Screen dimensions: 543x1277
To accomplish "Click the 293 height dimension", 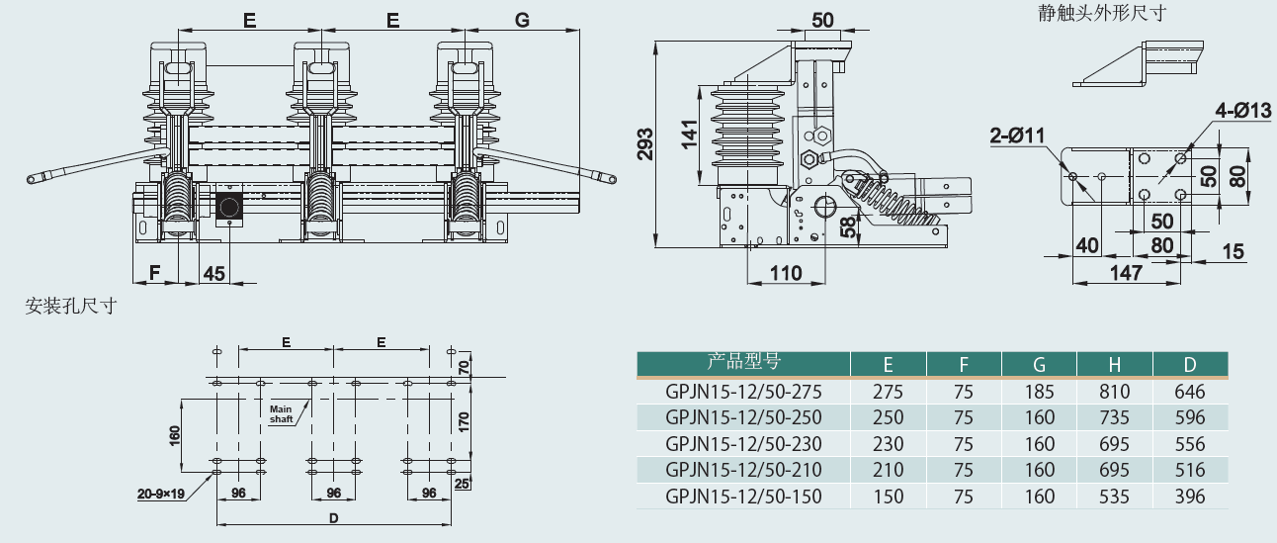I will coord(643,144).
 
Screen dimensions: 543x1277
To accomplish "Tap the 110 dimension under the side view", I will coord(786,272).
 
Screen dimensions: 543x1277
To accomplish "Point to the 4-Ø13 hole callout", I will coord(1243,112).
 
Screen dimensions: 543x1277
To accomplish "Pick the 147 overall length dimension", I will coord(1125,272).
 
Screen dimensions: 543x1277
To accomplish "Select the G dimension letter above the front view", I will coord(523,19).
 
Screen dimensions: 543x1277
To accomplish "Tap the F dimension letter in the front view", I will coord(154,272).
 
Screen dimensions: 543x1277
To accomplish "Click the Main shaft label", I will coord(283,412).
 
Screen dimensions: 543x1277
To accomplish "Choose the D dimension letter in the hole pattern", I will coord(333,516).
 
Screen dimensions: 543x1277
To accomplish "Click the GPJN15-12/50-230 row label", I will coord(743,443).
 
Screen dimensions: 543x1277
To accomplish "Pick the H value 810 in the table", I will coord(1114,391).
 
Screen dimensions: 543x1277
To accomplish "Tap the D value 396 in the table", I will coord(1190,496).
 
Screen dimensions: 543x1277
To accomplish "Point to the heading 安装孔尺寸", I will coord(71,307).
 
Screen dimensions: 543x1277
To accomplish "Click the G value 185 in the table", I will coord(1040,391).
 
